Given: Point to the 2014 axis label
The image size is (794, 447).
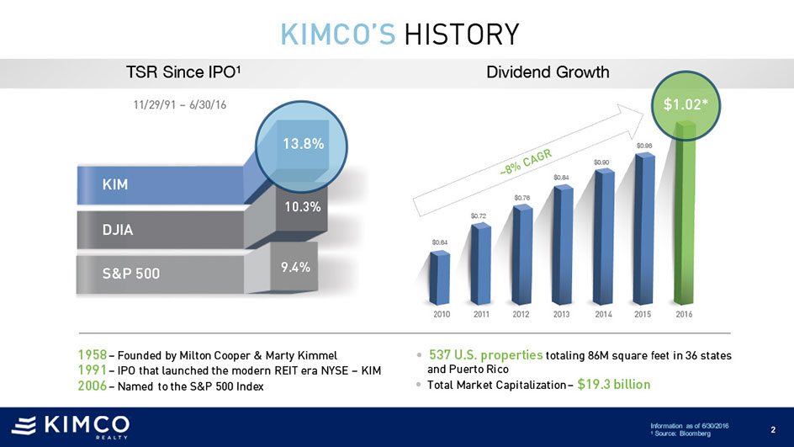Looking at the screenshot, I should (x=603, y=314).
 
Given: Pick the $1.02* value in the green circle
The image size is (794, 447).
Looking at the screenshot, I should (x=685, y=105).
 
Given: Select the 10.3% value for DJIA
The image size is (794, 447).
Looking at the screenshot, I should (x=299, y=206).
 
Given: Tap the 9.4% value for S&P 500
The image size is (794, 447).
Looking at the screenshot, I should (x=296, y=268).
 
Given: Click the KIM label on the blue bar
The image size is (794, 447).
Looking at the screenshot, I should (x=116, y=184).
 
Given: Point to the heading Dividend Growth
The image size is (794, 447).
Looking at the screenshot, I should (x=548, y=72).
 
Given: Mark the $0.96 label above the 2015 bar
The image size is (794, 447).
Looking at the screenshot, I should (x=644, y=146).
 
